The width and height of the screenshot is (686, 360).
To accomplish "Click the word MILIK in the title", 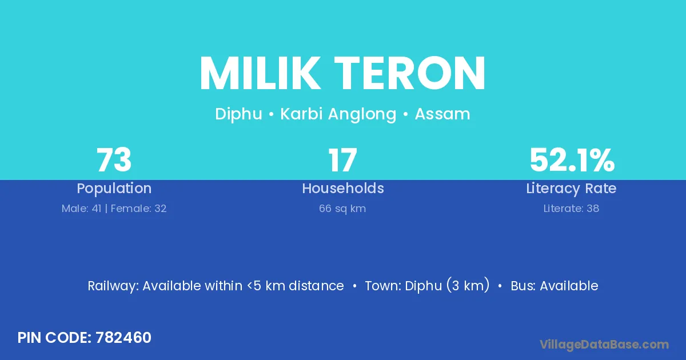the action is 260,73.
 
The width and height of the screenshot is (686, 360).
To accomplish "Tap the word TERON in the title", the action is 409,73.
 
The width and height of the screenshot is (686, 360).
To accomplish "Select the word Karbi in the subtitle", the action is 302,114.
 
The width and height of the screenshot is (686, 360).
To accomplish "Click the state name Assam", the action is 442,114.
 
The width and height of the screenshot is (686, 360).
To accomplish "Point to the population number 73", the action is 114,159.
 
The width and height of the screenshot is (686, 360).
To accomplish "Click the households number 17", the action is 342,159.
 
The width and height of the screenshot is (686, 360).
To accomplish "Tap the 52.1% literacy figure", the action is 572,159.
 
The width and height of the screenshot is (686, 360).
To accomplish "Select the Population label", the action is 114,188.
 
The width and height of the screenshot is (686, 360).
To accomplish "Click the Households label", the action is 343,188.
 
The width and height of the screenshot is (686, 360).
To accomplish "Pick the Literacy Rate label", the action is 571,188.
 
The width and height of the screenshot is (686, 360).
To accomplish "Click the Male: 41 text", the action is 81,209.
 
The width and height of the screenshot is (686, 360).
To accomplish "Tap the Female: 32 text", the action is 138,209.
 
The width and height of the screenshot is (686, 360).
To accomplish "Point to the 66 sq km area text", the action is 342,209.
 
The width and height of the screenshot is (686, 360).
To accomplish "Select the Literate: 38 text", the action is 571,209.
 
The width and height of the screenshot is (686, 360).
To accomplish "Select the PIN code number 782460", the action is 123,338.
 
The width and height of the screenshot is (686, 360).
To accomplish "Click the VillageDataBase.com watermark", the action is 604,345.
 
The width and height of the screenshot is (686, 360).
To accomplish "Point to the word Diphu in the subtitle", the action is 238,114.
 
